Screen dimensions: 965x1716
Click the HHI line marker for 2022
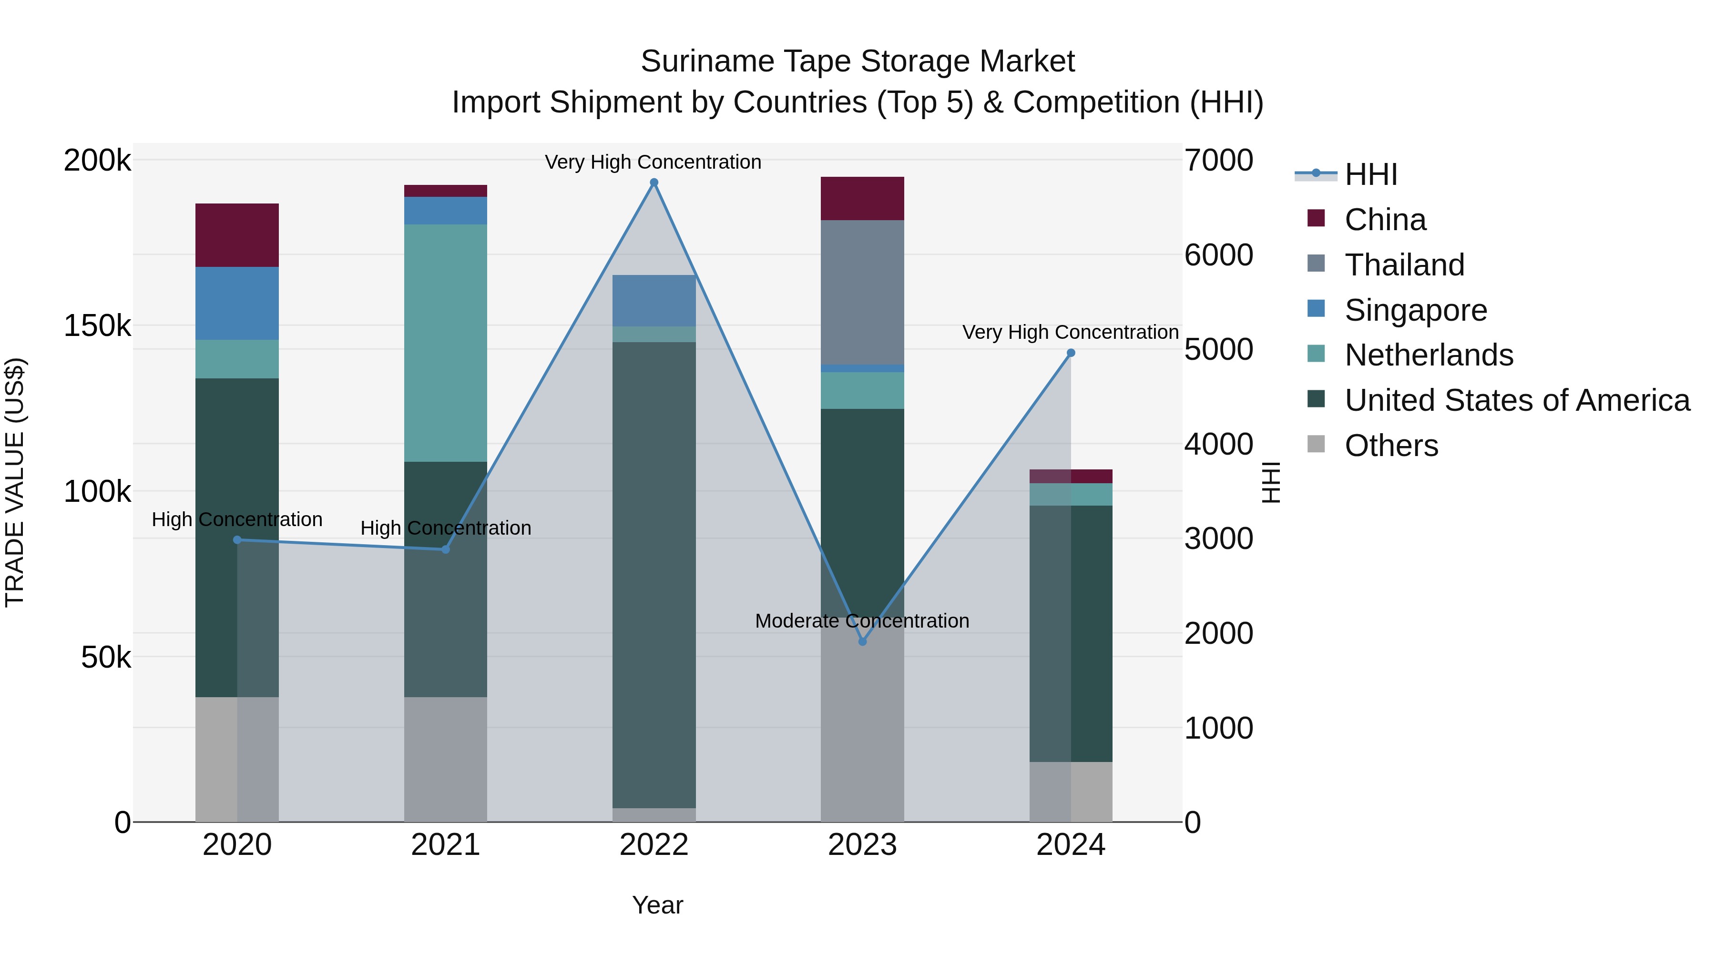coord(654,183)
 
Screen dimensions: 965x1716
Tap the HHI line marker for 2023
coord(862,641)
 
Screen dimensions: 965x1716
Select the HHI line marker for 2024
coord(1071,353)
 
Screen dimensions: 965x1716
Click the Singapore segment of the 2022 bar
coord(654,300)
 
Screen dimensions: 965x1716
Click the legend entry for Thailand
coord(1404,265)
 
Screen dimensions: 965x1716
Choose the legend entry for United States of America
coord(1517,400)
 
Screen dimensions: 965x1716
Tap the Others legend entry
coord(1391,446)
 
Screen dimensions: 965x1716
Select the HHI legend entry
coord(1370,174)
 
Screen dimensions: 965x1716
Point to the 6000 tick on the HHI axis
coord(1218,255)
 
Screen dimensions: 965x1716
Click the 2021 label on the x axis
coord(445,845)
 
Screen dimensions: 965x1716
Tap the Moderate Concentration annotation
coord(862,620)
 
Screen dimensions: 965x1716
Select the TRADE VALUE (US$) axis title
coord(15,482)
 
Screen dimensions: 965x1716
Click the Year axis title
coord(657,905)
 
